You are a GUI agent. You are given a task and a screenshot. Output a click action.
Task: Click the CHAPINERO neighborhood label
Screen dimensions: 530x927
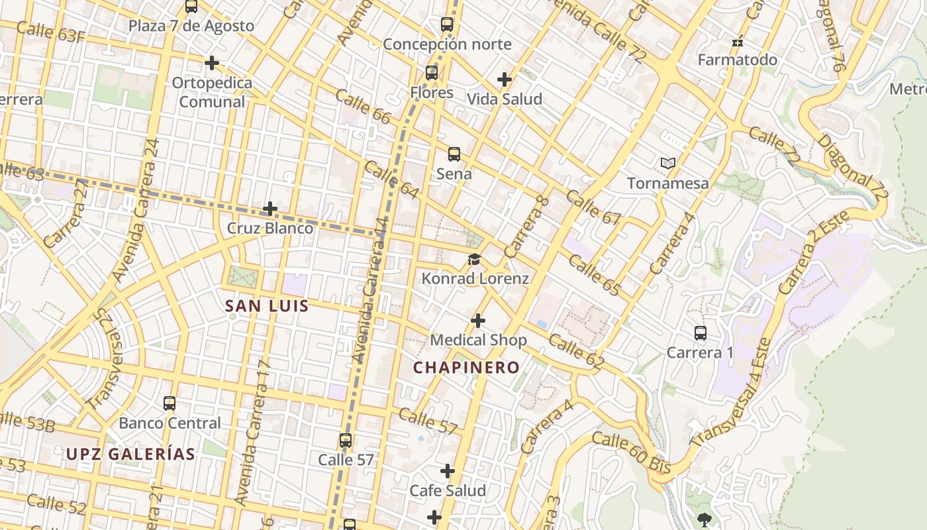click(466, 368)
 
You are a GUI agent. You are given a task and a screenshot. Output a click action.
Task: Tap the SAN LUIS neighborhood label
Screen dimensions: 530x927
click(267, 306)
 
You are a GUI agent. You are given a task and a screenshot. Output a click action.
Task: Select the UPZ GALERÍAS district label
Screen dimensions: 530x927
click(130, 454)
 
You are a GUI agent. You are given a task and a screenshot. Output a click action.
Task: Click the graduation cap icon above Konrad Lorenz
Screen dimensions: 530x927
click(475, 260)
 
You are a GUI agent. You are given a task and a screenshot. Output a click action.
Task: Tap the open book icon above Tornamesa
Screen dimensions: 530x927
click(668, 163)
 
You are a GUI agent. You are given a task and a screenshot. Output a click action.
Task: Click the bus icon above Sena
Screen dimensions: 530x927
click(454, 154)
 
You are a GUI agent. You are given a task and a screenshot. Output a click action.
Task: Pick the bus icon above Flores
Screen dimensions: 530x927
click(432, 73)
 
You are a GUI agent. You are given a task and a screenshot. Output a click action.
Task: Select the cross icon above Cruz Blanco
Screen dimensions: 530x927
click(270, 209)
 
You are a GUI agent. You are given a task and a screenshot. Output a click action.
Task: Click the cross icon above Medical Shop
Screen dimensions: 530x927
click(478, 321)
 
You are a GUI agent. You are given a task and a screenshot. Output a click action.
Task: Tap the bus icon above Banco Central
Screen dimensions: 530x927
click(170, 403)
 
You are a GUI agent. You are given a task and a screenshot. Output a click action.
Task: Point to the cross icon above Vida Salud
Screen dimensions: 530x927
click(505, 79)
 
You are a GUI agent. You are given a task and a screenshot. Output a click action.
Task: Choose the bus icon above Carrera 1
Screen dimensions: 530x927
click(700, 333)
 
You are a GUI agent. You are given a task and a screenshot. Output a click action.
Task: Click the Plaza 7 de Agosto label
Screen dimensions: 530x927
click(191, 26)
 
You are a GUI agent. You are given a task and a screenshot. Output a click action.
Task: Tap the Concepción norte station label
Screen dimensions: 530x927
click(447, 44)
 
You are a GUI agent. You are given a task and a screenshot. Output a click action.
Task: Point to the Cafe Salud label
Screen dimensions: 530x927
click(448, 491)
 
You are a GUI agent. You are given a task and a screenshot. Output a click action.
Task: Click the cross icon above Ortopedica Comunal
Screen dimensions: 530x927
click(212, 63)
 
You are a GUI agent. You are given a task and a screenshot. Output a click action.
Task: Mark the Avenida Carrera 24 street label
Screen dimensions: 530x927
click(135, 209)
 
